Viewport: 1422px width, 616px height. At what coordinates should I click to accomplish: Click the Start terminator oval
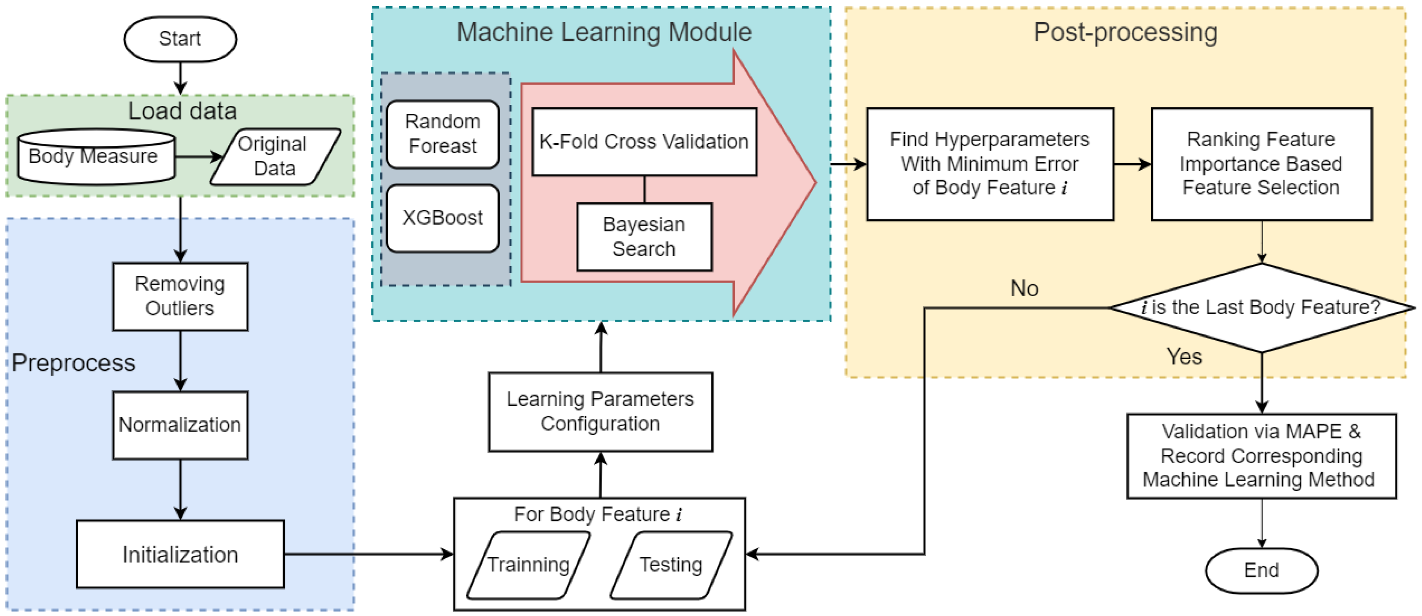coord(180,39)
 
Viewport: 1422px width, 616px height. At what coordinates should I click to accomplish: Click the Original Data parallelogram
coord(275,156)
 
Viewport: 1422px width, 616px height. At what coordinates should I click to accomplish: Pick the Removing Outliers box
coord(180,296)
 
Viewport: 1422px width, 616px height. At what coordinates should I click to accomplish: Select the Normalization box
coord(180,425)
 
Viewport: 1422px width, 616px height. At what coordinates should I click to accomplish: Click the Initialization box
coord(180,554)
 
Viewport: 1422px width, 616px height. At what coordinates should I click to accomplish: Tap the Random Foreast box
coord(442,134)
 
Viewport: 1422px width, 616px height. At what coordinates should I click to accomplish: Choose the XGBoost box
coord(442,218)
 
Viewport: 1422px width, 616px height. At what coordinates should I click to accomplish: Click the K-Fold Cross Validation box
coord(644,142)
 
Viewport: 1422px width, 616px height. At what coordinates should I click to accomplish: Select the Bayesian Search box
coord(644,237)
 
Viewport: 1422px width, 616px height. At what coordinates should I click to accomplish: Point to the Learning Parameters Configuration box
coord(600,411)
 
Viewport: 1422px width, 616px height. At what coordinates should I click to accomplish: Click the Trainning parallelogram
coord(528,565)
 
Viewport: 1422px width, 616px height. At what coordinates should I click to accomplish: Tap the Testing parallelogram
coord(671,565)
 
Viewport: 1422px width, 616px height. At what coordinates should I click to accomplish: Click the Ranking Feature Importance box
coord(1261,164)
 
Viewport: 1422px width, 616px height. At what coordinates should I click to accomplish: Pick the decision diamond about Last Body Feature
coord(1261,308)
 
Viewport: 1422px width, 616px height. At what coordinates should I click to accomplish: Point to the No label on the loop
coord(1024,289)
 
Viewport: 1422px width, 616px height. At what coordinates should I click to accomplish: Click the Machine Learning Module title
coord(604,32)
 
